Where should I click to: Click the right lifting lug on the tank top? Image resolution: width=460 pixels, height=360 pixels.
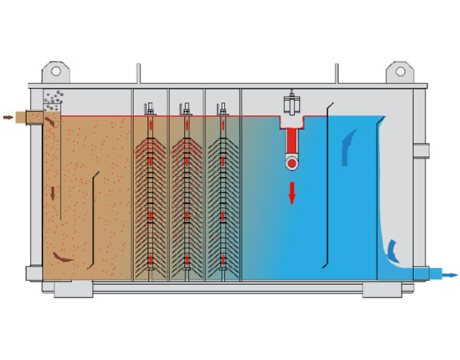400,71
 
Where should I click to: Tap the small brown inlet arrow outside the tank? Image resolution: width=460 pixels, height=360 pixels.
8,117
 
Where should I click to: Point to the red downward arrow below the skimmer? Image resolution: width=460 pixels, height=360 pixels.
291,193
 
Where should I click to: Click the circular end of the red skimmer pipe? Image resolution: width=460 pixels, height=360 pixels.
291,162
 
